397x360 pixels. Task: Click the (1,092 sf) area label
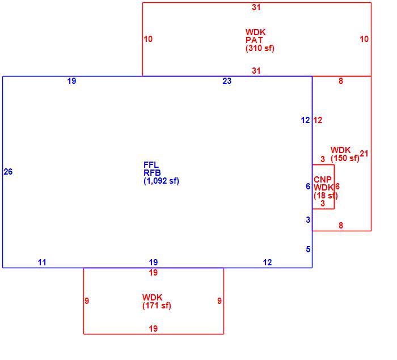click(x=161, y=181)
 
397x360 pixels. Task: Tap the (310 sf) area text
click(x=260, y=48)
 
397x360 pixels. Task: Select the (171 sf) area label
click(x=157, y=306)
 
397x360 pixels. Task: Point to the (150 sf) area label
click(x=345, y=158)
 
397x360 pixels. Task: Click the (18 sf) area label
click(x=326, y=196)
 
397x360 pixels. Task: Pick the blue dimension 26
click(x=8, y=172)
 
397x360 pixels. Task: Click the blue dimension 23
click(x=227, y=81)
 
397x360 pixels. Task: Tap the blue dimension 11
click(x=42, y=262)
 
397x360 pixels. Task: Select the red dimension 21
click(x=364, y=154)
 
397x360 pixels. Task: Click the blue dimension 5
click(x=308, y=249)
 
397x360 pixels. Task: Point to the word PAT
click(x=254, y=40)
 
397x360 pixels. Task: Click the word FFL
click(x=151, y=165)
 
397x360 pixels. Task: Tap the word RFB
click(x=152, y=173)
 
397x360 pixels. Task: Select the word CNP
click(x=323, y=180)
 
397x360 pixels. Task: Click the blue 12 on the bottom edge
click(x=267, y=262)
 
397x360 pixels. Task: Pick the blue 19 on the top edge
click(x=71, y=81)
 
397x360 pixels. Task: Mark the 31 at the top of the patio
click(x=256, y=7)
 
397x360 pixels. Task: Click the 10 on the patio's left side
click(x=148, y=39)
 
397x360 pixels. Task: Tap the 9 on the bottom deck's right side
click(x=219, y=301)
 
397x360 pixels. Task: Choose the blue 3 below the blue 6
click(x=308, y=220)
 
